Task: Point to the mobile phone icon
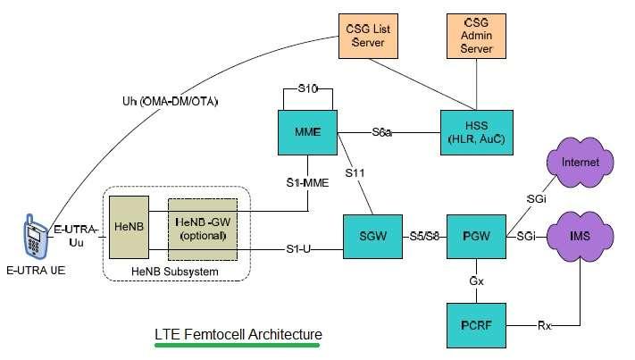(x=33, y=235)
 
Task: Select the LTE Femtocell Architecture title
(x=238, y=334)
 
